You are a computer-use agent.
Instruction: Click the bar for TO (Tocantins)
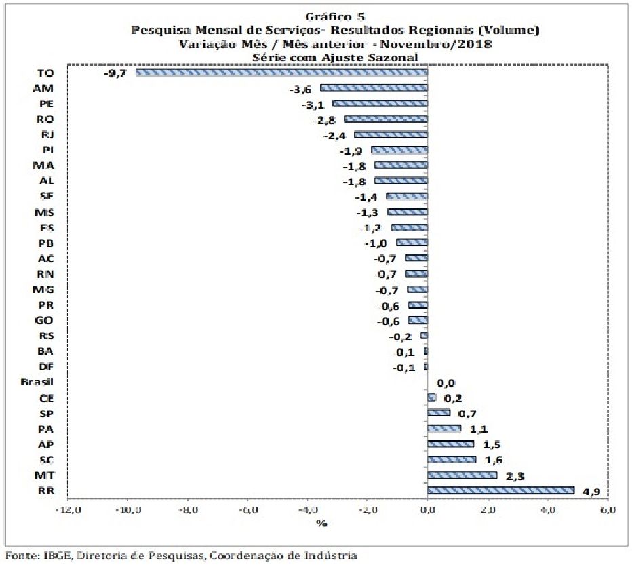(281, 72)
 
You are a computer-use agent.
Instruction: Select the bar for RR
(500, 490)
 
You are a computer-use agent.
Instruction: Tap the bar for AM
(374, 88)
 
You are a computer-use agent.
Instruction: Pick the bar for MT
(462, 475)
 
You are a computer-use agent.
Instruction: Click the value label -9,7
(115, 73)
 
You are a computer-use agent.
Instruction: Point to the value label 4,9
(592, 492)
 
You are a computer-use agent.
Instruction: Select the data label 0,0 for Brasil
(446, 383)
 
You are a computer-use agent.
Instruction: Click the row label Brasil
(37, 381)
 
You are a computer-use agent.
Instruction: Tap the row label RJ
(48, 135)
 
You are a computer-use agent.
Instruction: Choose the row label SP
(46, 414)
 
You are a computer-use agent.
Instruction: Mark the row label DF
(46, 366)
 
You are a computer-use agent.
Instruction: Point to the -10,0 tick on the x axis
(129, 510)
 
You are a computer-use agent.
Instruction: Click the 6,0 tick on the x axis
(608, 510)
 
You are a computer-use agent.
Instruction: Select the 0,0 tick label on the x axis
(427, 510)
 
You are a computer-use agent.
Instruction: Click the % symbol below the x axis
(321, 524)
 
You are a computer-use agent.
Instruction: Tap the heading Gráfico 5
(335, 16)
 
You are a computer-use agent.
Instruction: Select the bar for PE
(380, 103)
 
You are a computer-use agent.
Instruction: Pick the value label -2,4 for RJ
(334, 136)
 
